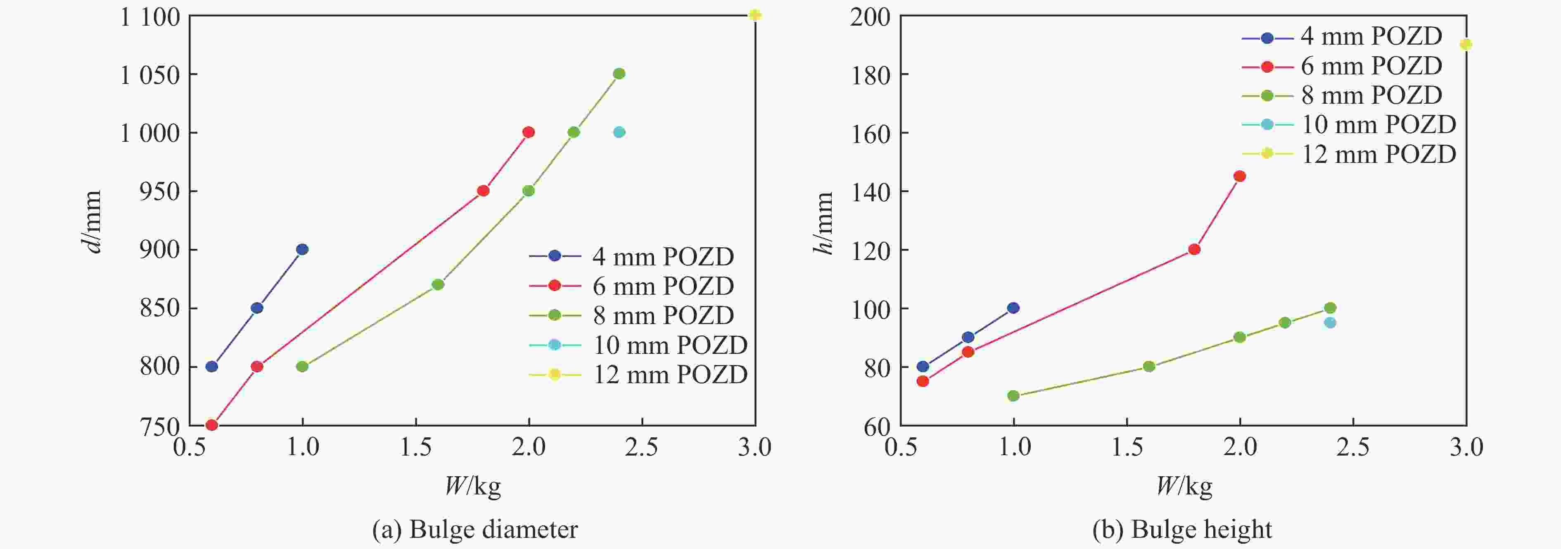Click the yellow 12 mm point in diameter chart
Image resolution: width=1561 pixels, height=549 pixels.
click(x=754, y=15)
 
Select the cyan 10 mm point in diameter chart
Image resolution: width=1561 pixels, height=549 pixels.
click(x=619, y=132)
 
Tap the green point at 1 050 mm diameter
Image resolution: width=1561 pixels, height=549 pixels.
click(x=619, y=74)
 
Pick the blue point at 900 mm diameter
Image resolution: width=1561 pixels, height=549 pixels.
click(x=302, y=249)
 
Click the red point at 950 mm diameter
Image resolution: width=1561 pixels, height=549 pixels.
click(x=483, y=191)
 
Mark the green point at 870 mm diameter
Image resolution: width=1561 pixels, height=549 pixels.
click(x=437, y=284)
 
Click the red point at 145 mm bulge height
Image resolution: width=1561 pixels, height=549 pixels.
click(x=1239, y=177)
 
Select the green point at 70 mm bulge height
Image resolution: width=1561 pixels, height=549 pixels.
click(x=1013, y=396)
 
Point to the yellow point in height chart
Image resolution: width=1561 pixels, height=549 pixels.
click(x=1465, y=44)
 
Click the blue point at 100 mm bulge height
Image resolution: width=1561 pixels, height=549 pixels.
click(x=1013, y=308)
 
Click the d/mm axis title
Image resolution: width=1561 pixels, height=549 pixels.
click(x=92, y=222)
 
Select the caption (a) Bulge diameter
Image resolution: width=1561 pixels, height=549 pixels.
click(x=474, y=530)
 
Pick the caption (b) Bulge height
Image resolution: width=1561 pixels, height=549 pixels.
click(x=1181, y=530)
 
